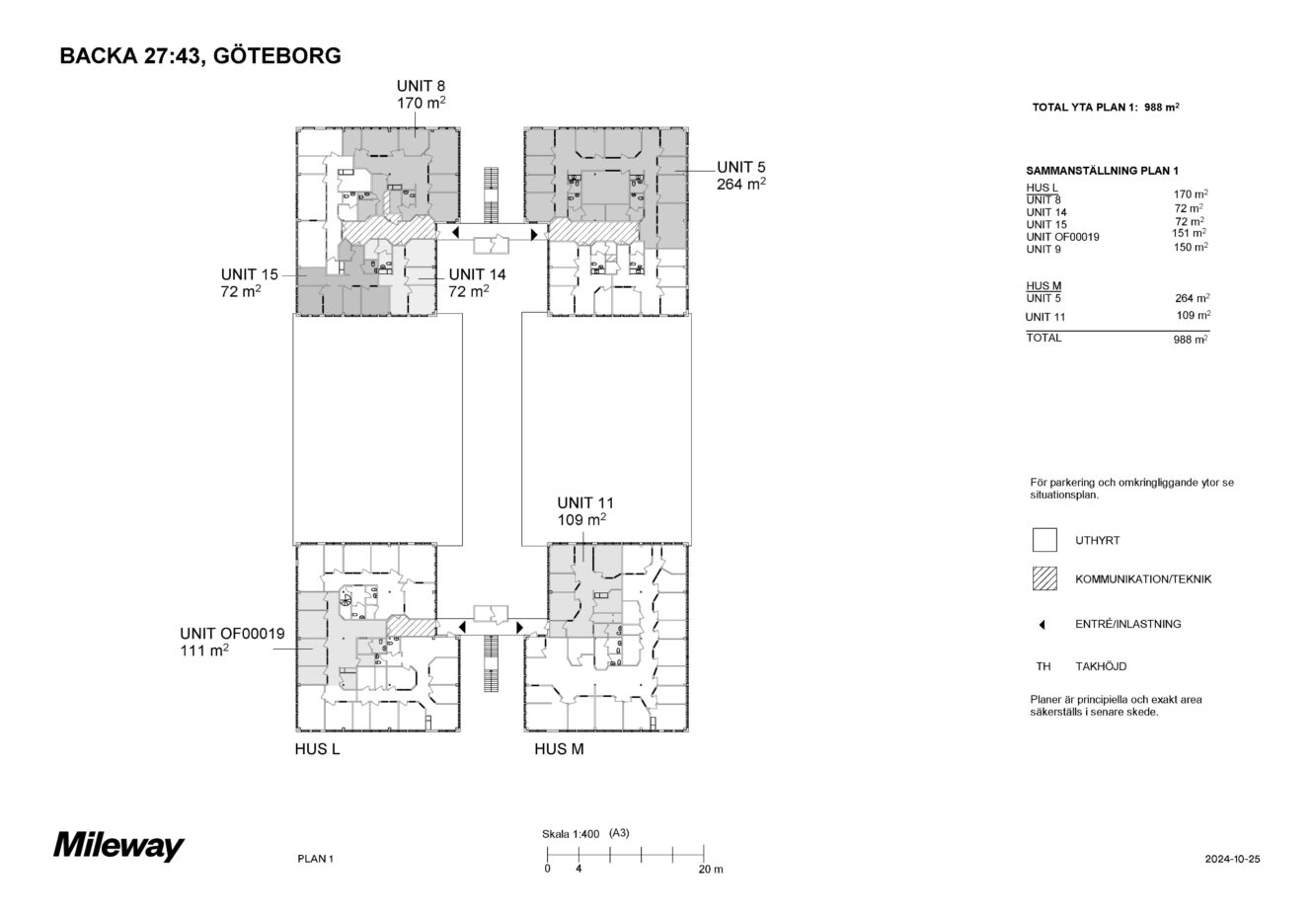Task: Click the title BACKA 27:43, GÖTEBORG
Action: (200, 55)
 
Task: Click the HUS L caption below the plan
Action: (317, 749)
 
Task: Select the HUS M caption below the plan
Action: (559, 749)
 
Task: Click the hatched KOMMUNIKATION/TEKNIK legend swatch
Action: (1044, 578)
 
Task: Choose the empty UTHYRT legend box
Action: (1044, 540)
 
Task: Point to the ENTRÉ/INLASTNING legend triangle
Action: (1043, 625)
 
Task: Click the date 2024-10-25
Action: (1232, 859)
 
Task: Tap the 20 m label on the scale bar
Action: (711, 870)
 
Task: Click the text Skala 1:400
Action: (571, 833)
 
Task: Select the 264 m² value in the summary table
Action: (1193, 298)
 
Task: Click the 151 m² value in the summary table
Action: (1189, 233)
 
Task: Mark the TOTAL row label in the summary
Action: (1043, 338)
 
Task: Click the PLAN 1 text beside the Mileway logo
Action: (315, 859)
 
